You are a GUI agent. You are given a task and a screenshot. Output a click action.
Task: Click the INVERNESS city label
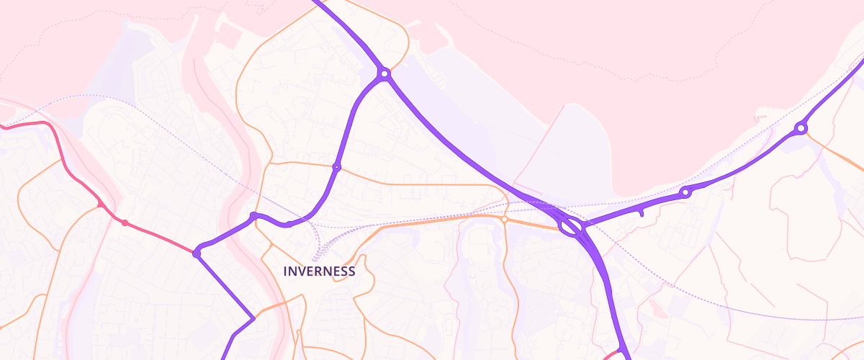319,271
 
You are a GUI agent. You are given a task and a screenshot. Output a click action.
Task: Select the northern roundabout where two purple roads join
384,73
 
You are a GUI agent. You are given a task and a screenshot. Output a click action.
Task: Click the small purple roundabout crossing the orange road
336,167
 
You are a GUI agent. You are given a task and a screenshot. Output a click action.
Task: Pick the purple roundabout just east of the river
253,216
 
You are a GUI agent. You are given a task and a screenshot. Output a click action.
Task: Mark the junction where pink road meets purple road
197,253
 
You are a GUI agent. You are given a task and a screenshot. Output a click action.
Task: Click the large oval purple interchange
570,228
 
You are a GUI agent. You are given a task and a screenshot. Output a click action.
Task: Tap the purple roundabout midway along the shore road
685,192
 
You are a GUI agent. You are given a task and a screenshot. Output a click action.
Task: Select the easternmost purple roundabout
801,129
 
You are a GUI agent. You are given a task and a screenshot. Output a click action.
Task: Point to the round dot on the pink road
125,222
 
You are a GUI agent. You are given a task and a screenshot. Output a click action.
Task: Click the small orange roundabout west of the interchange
505,219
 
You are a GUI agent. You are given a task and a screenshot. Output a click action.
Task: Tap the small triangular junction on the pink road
99,205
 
